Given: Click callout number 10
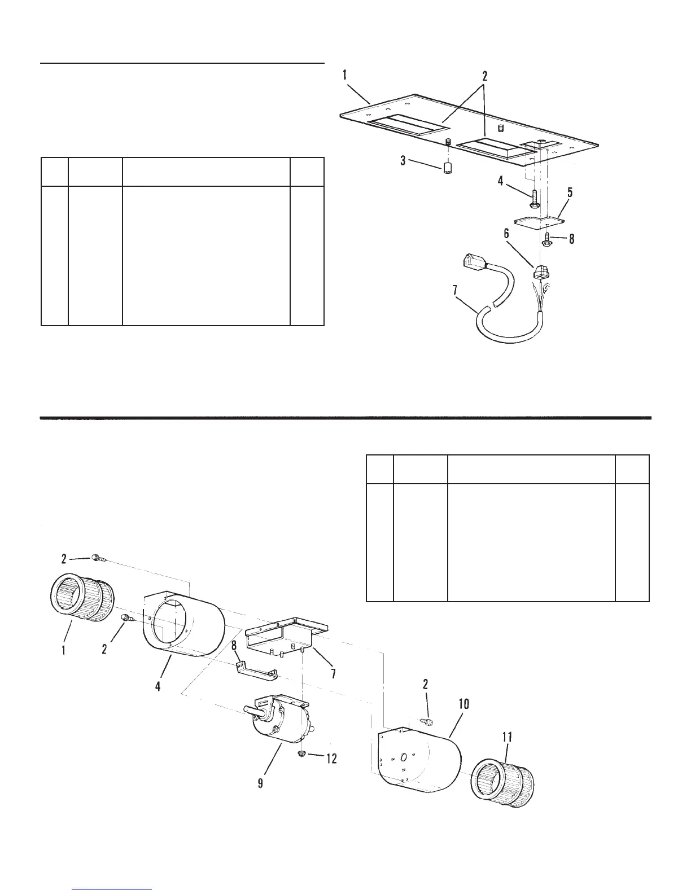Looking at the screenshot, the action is pyautogui.click(x=463, y=704).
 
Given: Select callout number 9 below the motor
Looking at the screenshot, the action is pyautogui.click(x=260, y=785).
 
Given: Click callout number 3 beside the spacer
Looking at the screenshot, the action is pyautogui.click(x=403, y=161).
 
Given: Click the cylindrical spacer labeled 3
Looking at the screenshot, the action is pyautogui.click(x=448, y=168).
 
